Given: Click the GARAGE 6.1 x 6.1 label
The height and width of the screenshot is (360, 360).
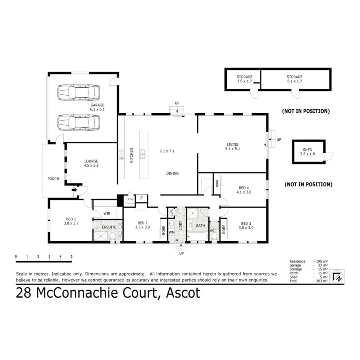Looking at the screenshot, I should coord(97,107).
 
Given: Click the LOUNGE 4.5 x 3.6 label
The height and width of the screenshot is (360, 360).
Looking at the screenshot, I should coord(91,163).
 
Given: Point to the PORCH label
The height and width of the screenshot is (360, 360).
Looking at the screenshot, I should coord(53,179).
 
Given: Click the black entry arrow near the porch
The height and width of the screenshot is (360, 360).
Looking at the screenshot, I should coord(74,190).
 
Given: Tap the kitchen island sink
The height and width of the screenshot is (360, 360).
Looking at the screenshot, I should coord(142,152).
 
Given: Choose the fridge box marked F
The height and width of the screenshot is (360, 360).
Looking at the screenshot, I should coord(141,198).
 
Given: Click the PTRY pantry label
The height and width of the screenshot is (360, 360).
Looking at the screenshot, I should coord(130,199).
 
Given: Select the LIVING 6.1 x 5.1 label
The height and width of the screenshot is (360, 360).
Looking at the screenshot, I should coord(232,146).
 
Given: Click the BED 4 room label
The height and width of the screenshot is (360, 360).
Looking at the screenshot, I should coord(244,190).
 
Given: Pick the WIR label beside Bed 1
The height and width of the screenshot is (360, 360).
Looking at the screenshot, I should coord(107,214).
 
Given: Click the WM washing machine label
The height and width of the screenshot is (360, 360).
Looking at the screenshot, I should coord(171,232).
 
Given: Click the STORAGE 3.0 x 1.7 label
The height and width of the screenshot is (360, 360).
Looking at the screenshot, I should coord(244,79).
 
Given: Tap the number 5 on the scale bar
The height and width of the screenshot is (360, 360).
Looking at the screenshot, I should coord(72,256).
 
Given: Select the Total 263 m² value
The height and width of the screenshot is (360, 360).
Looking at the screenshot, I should coord(323,281).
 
